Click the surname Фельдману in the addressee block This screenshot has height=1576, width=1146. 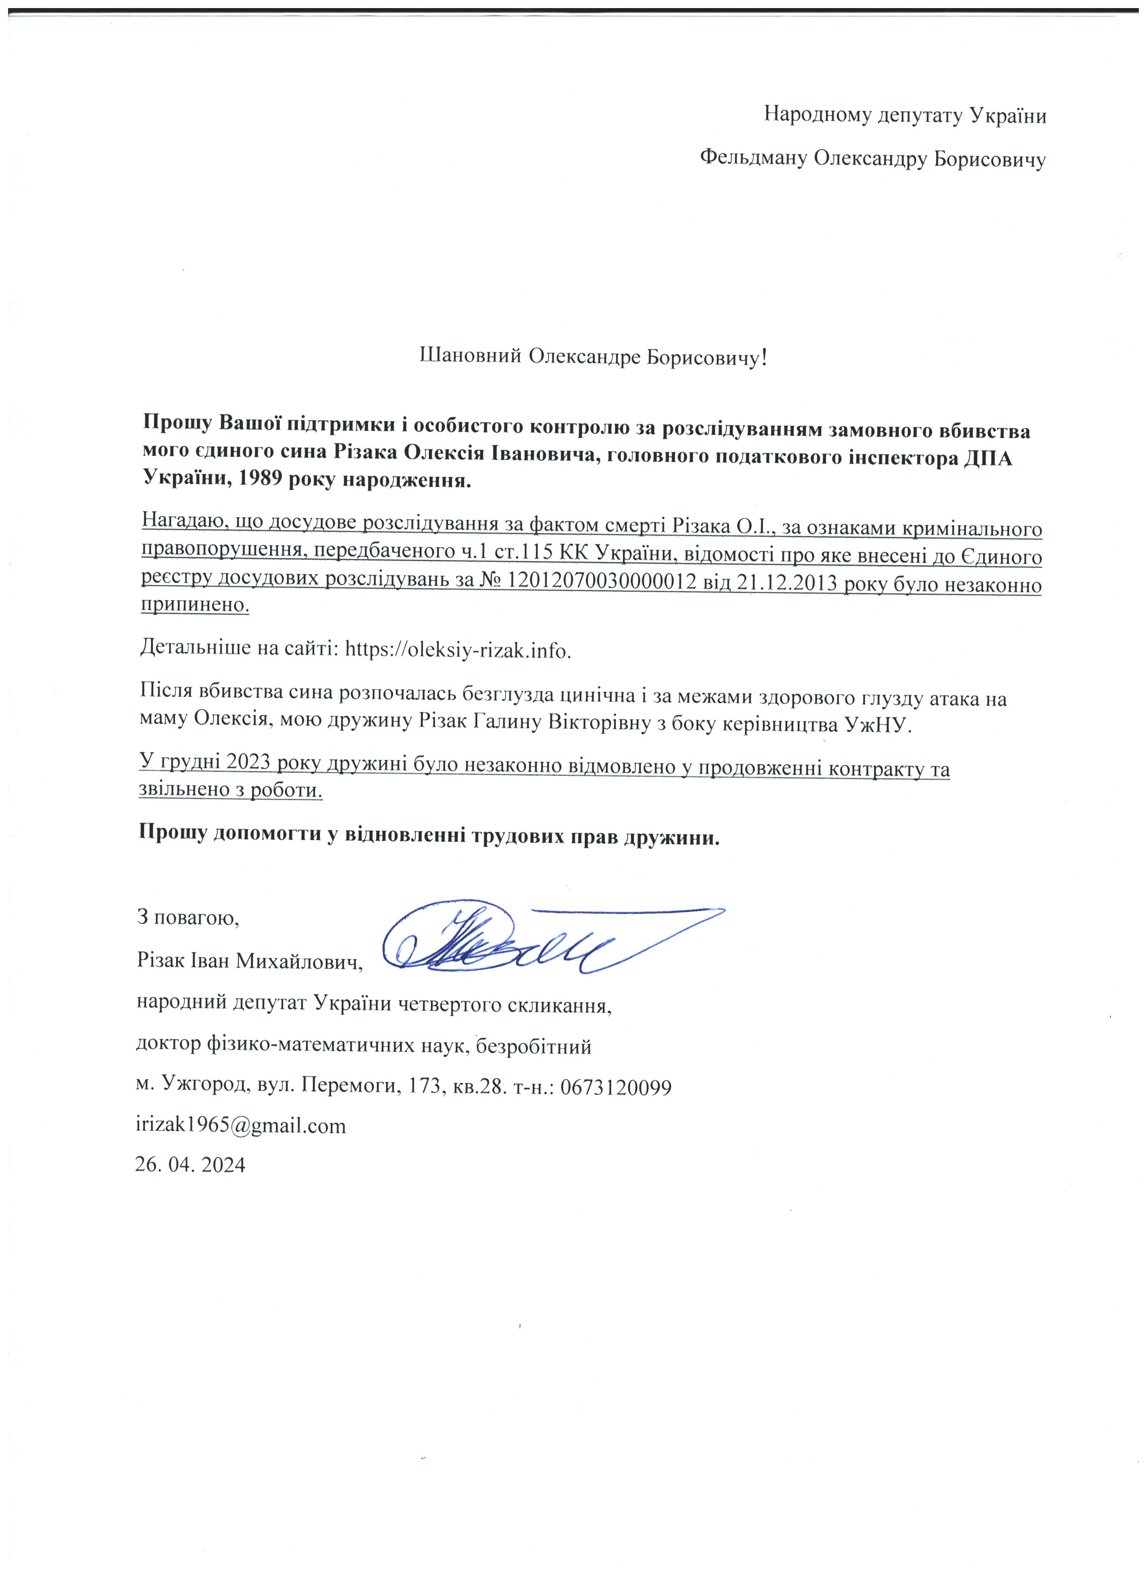(x=753, y=159)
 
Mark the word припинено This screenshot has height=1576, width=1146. (x=195, y=605)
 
